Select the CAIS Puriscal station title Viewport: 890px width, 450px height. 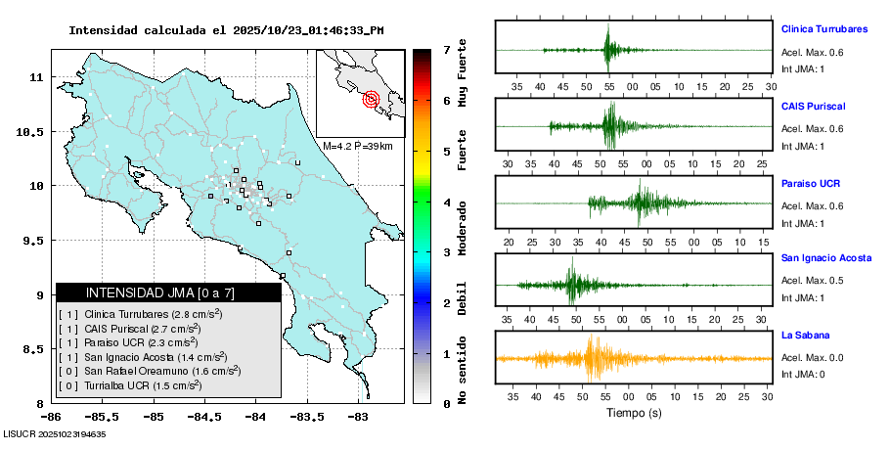814,106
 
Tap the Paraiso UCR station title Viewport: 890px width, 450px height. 811,183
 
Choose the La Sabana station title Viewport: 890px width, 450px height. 805,336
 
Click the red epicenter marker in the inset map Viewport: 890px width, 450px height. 371,99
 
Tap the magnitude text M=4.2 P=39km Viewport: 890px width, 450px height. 358,146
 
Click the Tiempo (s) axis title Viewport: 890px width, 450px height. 633,414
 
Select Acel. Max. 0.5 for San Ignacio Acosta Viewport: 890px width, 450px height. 812,281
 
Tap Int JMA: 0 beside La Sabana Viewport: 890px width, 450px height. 804,375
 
